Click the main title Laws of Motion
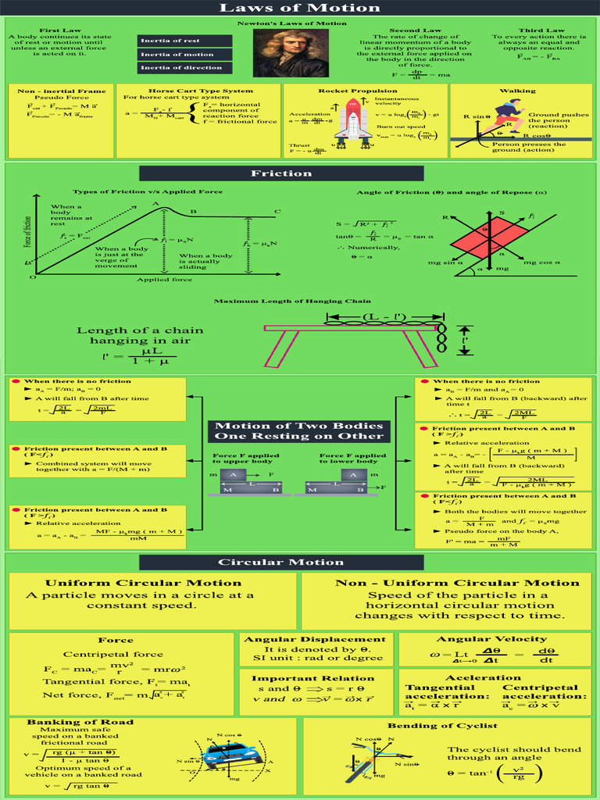click(300, 8)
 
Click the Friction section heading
click(280, 173)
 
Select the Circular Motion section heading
click(280, 562)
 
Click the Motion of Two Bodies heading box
click(299, 431)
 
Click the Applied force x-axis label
click(165, 280)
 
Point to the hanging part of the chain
click(441, 339)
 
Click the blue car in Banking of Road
click(233, 755)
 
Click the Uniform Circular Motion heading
click(143, 583)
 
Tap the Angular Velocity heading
click(491, 639)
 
